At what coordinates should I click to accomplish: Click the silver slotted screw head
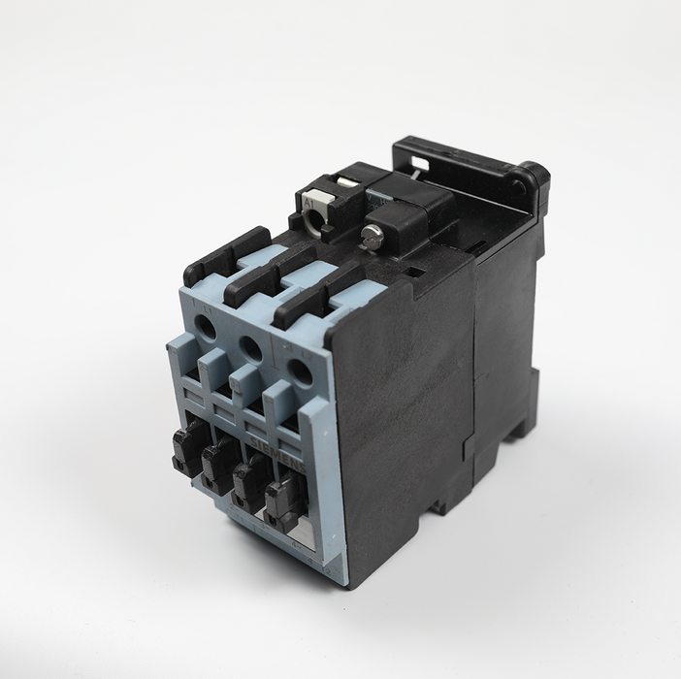point(371,234)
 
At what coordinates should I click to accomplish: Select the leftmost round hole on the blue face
point(206,329)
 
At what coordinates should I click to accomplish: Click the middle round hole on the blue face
point(250,348)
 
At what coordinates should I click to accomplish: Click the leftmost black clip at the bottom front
point(187,443)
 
